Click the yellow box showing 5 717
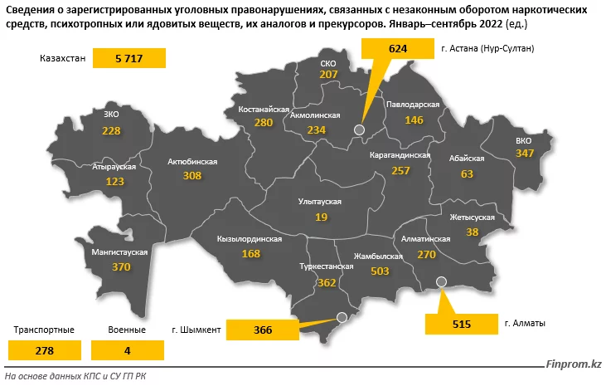(128, 59)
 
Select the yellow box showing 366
(263, 330)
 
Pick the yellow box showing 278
(44, 351)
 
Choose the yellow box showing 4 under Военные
(127, 351)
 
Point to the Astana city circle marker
(359, 129)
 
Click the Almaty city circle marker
(441, 281)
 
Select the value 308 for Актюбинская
(192, 176)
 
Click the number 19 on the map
(321, 216)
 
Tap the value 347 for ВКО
(524, 154)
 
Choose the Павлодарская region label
(412, 105)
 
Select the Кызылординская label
(250, 239)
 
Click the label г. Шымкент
(196, 330)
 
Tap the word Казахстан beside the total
(61, 59)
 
